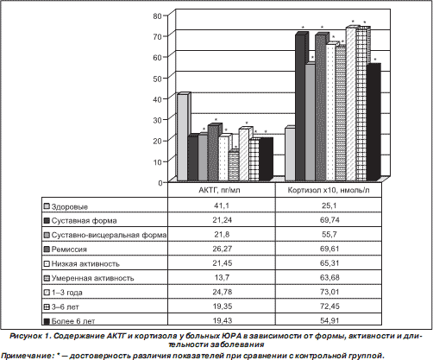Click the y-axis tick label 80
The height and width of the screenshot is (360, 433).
pos(158,16)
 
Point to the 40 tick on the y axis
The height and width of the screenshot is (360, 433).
pos(158,99)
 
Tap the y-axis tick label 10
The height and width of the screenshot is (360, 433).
pos(158,161)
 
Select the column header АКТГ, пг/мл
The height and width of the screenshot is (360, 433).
pos(219,190)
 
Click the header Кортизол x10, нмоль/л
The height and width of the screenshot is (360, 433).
pos(329,190)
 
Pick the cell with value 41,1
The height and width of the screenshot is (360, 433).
pos(222,205)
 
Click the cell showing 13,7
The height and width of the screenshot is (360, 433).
pos(222,277)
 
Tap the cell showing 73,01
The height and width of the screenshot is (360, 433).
pos(329,292)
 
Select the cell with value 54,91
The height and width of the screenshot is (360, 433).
pos(329,320)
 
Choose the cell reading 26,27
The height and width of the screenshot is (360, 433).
pos(222,249)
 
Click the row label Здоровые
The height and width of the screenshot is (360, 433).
pos(70,206)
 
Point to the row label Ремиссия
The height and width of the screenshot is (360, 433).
pos(69,249)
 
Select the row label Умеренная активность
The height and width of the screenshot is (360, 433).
pos(92,278)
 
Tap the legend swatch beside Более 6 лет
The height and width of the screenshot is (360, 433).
pos(47,321)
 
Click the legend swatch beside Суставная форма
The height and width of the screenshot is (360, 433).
pos(47,221)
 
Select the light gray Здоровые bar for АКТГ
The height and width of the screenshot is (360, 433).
pos(183,137)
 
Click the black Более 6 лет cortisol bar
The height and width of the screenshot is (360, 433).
pos(373,122)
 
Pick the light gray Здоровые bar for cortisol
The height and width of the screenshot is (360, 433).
pos(291,154)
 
